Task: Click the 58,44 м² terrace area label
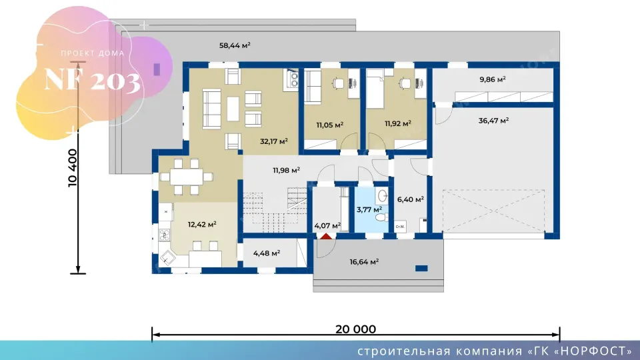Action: [235, 45]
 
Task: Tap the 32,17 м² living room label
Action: [274, 141]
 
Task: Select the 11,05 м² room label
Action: [330, 125]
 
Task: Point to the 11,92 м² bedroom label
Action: [398, 123]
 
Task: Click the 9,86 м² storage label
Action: [493, 79]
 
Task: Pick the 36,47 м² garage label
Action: [493, 121]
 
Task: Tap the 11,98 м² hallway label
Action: [287, 170]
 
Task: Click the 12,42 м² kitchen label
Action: [202, 225]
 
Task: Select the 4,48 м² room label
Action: [267, 253]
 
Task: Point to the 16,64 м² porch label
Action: [364, 261]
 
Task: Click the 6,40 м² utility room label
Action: [410, 199]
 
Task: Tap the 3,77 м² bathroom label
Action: [369, 210]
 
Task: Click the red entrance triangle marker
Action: [326, 236]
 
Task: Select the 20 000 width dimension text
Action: [356, 329]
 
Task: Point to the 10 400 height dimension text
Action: [72, 168]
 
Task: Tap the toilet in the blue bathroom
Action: [381, 217]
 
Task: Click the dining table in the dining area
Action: [187, 177]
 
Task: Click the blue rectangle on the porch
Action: [421, 268]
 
